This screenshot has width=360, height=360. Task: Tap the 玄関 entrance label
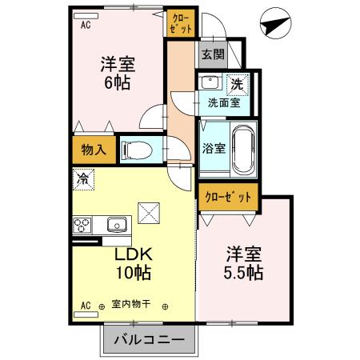point(212,55)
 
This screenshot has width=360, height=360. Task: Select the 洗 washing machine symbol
point(237,83)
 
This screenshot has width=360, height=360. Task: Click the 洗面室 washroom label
point(223,102)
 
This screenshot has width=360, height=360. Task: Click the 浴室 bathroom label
point(212,148)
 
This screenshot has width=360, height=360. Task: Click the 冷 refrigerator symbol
point(82,180)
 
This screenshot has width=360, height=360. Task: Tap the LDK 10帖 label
point(132,263)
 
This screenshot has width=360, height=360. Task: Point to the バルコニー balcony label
point(148,339)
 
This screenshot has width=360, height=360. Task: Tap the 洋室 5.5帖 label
point(244,264)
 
